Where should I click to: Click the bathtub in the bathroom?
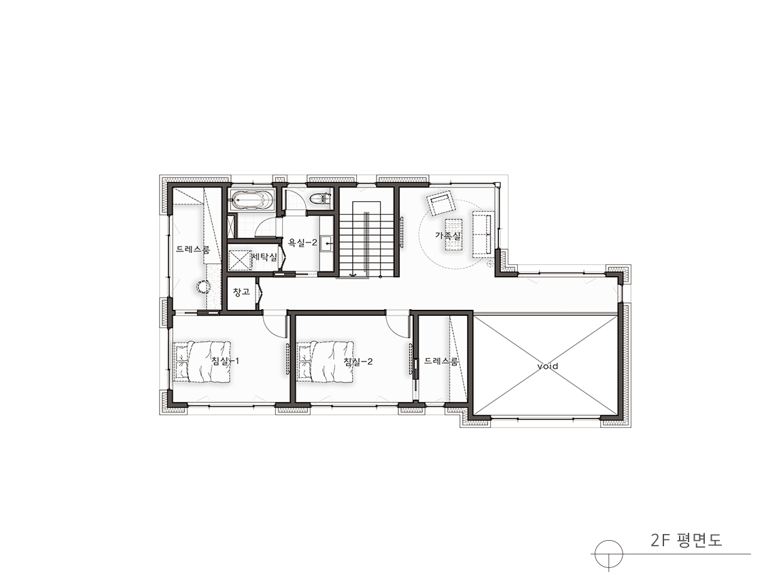pyautogui.click(x=251, y=200)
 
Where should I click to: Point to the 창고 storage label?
pyautogui.click(x=242, y=291)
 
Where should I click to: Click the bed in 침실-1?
pyautogui.click(x=202, y=362)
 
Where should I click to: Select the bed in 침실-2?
pyautogui.click(x=325, y=362)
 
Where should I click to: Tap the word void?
pyautogui.click(x=547, y=366)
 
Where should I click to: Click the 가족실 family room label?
pyautogui.click(x=448, y=234)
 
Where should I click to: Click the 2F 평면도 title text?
pyautogui.click(x=686, y=540)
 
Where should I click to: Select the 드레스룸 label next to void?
pyautogui.click(x=441, y=361)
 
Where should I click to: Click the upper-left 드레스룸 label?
pyautogui.click(x=193, y=249)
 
